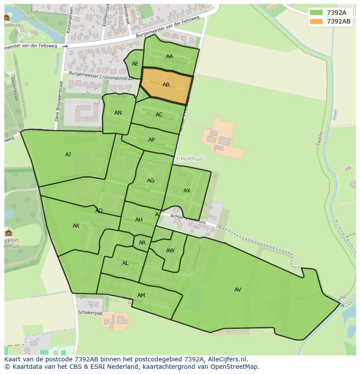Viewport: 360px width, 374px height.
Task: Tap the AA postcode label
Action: (170, 56)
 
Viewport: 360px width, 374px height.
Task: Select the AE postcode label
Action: (135, 64)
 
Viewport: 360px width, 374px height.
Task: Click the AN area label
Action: (118, 113)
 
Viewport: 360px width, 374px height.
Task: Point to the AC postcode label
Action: (159, 115)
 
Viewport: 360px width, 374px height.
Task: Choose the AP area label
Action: (151, 140)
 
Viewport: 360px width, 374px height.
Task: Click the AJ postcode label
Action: (68, 155)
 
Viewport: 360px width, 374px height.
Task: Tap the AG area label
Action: (150, 181)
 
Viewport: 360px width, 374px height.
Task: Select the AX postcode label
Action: (187, 191)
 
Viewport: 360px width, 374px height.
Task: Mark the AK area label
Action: (76, 226)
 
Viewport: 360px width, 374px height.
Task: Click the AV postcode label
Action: (238, 290)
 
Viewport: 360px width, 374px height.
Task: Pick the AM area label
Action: (141, 295)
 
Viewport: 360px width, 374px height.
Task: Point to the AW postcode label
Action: (170, 251)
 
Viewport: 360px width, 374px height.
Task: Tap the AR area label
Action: (142, 243)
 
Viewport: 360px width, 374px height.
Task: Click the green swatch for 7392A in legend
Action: (316, 13)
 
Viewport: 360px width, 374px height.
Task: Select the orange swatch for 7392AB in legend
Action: (316, 21)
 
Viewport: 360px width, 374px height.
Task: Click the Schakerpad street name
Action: (90, 312)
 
